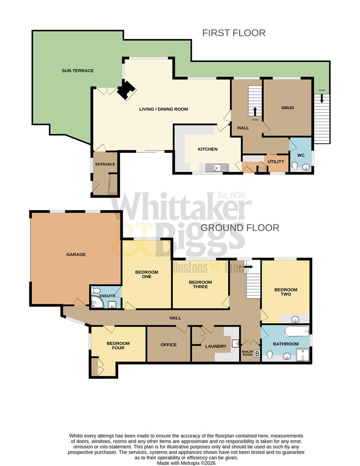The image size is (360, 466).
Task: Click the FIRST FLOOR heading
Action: pyautogui.click(x=234, y=33)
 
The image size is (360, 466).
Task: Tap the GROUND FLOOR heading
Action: pyautogui.click(x=240, y=227)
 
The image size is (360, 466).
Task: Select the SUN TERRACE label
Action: pyautogui.click(x=78, y=71)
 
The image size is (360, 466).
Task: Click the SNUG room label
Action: pyautogui.click(x=288, y=107)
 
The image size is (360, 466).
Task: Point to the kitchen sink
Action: pyautogui.click(x=214, y=168)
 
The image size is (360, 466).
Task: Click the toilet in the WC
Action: pyautogui.click(x=295, y=167)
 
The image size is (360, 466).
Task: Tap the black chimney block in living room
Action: pyautogui.click(x=126, y=90)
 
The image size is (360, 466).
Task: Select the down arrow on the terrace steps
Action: pyautogui.click(x=322, y=98)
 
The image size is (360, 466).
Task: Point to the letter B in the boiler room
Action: pyautogui.click(x=257, y=354)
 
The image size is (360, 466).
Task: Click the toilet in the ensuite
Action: pyautogui.click(x=96, y=290)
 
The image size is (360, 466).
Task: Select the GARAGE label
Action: pyautogui.click(x=76, y=255)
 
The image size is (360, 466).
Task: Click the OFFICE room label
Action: pyautogui.click(x=169, y=345)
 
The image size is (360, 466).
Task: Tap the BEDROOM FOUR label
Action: pyautogui.click(x=118, y=346)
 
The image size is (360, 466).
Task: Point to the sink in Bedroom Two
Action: pyautogui.click(x=296, y=319)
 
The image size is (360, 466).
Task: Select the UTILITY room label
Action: pyautogui.click(x=276, y=161)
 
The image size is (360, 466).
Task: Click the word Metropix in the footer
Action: pyautogui.click(x=190, y=463)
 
